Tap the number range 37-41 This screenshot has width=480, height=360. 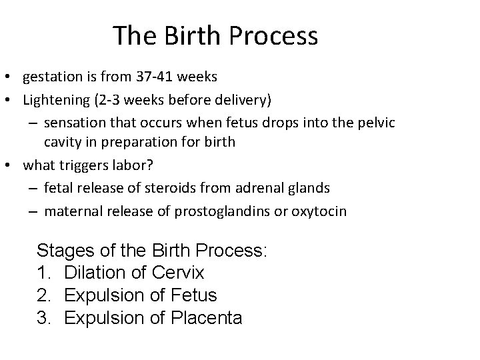coord(157,77)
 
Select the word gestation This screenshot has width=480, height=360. coord(52,77)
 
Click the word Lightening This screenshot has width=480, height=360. coord(55,99)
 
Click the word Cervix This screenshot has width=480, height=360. coord(178,273)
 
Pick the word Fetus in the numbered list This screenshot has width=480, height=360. coord(193,295)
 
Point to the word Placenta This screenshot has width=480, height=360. coord(203,318)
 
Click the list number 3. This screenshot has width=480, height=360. coord(43,318)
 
